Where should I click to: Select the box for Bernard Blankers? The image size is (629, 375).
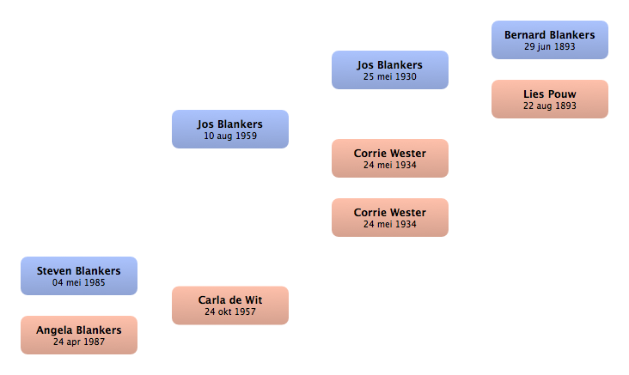(x=550, y=40)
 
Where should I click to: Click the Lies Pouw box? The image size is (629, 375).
(x=550, y=99)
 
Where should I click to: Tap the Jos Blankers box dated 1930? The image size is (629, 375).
(x=390, y=70)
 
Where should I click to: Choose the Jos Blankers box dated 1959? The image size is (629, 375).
(x=230, y=129)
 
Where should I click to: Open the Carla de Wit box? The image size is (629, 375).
(x=230, y=305)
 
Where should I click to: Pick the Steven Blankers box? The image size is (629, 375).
(x=79, y=275)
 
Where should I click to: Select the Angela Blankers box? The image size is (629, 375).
(x=79, y=335)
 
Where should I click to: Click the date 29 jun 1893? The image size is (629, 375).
(x=550, y=47)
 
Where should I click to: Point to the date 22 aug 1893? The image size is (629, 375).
(x=550, y=106)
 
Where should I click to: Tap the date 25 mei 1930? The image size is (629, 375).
(x=390, y=76)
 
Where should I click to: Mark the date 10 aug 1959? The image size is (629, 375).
(x=230, y=136)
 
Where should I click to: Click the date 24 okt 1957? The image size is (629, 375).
(x=230, y=311)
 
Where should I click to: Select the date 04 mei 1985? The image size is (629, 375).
(x=79, y=282)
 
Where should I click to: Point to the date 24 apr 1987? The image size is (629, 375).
(x=79, y=342)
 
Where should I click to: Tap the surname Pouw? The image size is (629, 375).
(x=563, y=94)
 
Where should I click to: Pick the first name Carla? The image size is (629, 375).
(x=211, y=300)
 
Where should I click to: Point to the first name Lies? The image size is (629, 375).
(x=534, y=94)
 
